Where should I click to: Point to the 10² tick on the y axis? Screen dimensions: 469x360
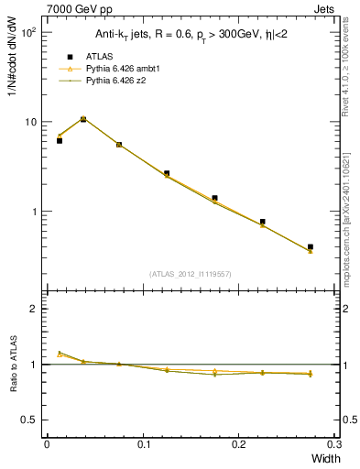click(x=27, y=32)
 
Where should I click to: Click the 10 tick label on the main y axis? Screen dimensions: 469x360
click(x=29, y=122)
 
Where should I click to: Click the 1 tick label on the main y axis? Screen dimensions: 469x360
click(x=33, y=212)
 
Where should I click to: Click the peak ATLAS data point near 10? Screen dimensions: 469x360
click(x=83, y=119)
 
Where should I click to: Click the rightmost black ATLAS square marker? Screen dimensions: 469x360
click(x=311, y=246)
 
